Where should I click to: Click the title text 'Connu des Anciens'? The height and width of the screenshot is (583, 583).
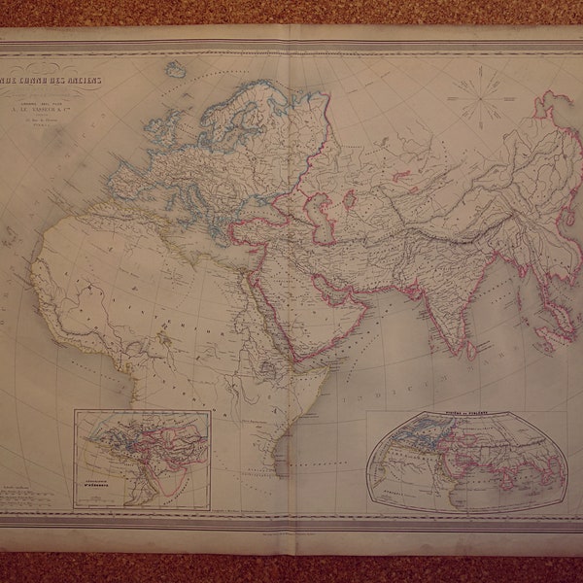107,81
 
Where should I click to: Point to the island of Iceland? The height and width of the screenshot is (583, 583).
175,70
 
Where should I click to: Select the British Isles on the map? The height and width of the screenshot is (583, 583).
160,136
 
